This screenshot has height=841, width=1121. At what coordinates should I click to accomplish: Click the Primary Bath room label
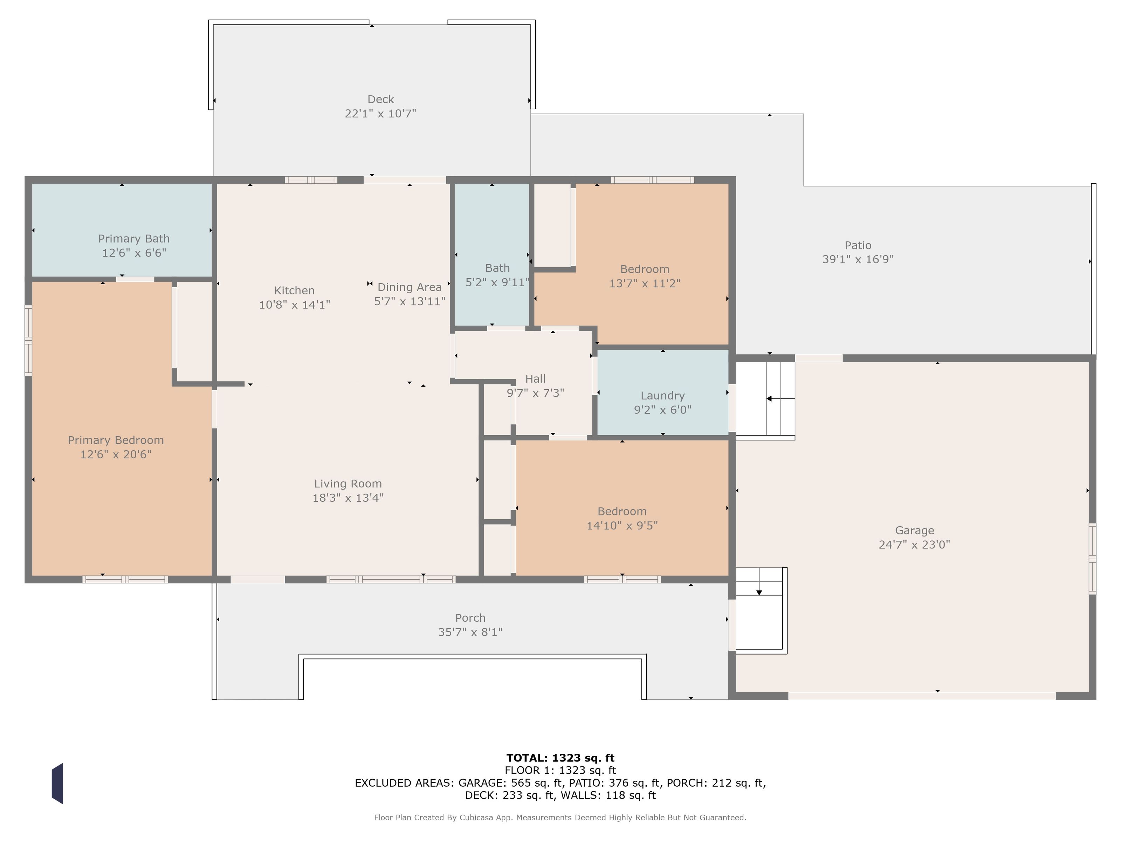click(x=134, y=239)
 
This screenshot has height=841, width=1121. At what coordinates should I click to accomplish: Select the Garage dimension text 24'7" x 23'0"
click(x=914, y=545)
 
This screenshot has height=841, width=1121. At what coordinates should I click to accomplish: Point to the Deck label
click(x=380, y=100)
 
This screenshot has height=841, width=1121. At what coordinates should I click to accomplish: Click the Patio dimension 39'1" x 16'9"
click(x=858, y=259)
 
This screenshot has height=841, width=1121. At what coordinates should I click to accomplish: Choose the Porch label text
click(x=470, y=618)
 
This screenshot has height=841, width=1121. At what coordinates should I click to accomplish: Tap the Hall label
click(x=535, y=379)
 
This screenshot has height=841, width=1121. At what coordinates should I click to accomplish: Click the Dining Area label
click(x=410, y=287)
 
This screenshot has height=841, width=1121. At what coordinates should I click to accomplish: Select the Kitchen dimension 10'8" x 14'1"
click(x=295, y=305)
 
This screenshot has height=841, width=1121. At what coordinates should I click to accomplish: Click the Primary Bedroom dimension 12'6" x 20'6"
click(x=116, y=454)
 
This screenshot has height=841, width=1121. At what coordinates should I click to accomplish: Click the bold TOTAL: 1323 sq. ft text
click(x=560, y=758)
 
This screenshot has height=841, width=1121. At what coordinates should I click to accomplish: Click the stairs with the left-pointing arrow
click(x=765, y=399)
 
